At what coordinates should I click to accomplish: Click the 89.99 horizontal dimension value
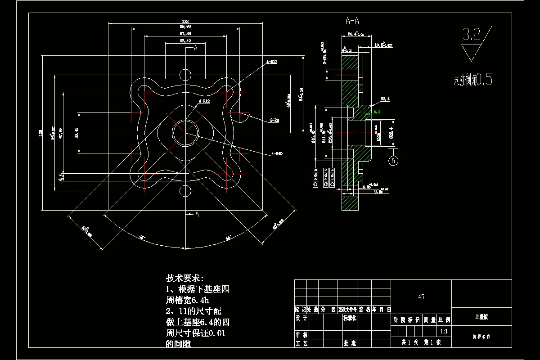point(185,27)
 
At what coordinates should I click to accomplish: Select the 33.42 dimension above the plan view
point(185,41)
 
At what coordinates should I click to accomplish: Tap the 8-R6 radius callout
point(274,121)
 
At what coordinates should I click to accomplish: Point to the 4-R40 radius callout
point(277,154)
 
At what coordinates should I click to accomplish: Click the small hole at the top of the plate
point(185,74)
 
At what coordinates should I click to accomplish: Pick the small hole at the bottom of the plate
point(185,191)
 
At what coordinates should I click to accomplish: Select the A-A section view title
point(352,21)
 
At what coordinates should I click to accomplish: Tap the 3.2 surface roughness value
point(472,35)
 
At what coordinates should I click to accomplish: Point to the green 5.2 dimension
point(377,111)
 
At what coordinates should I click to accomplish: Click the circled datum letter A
point(394,160)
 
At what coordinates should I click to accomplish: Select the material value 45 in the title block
point(421,297)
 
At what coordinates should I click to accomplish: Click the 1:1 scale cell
point(444,332)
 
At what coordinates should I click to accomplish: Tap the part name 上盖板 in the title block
point(481,317)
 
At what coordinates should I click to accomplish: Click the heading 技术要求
point(184,278)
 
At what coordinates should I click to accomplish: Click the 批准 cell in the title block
point(350,343)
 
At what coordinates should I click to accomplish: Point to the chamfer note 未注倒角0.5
point(472,81)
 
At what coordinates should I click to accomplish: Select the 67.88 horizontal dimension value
point(185,34)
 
